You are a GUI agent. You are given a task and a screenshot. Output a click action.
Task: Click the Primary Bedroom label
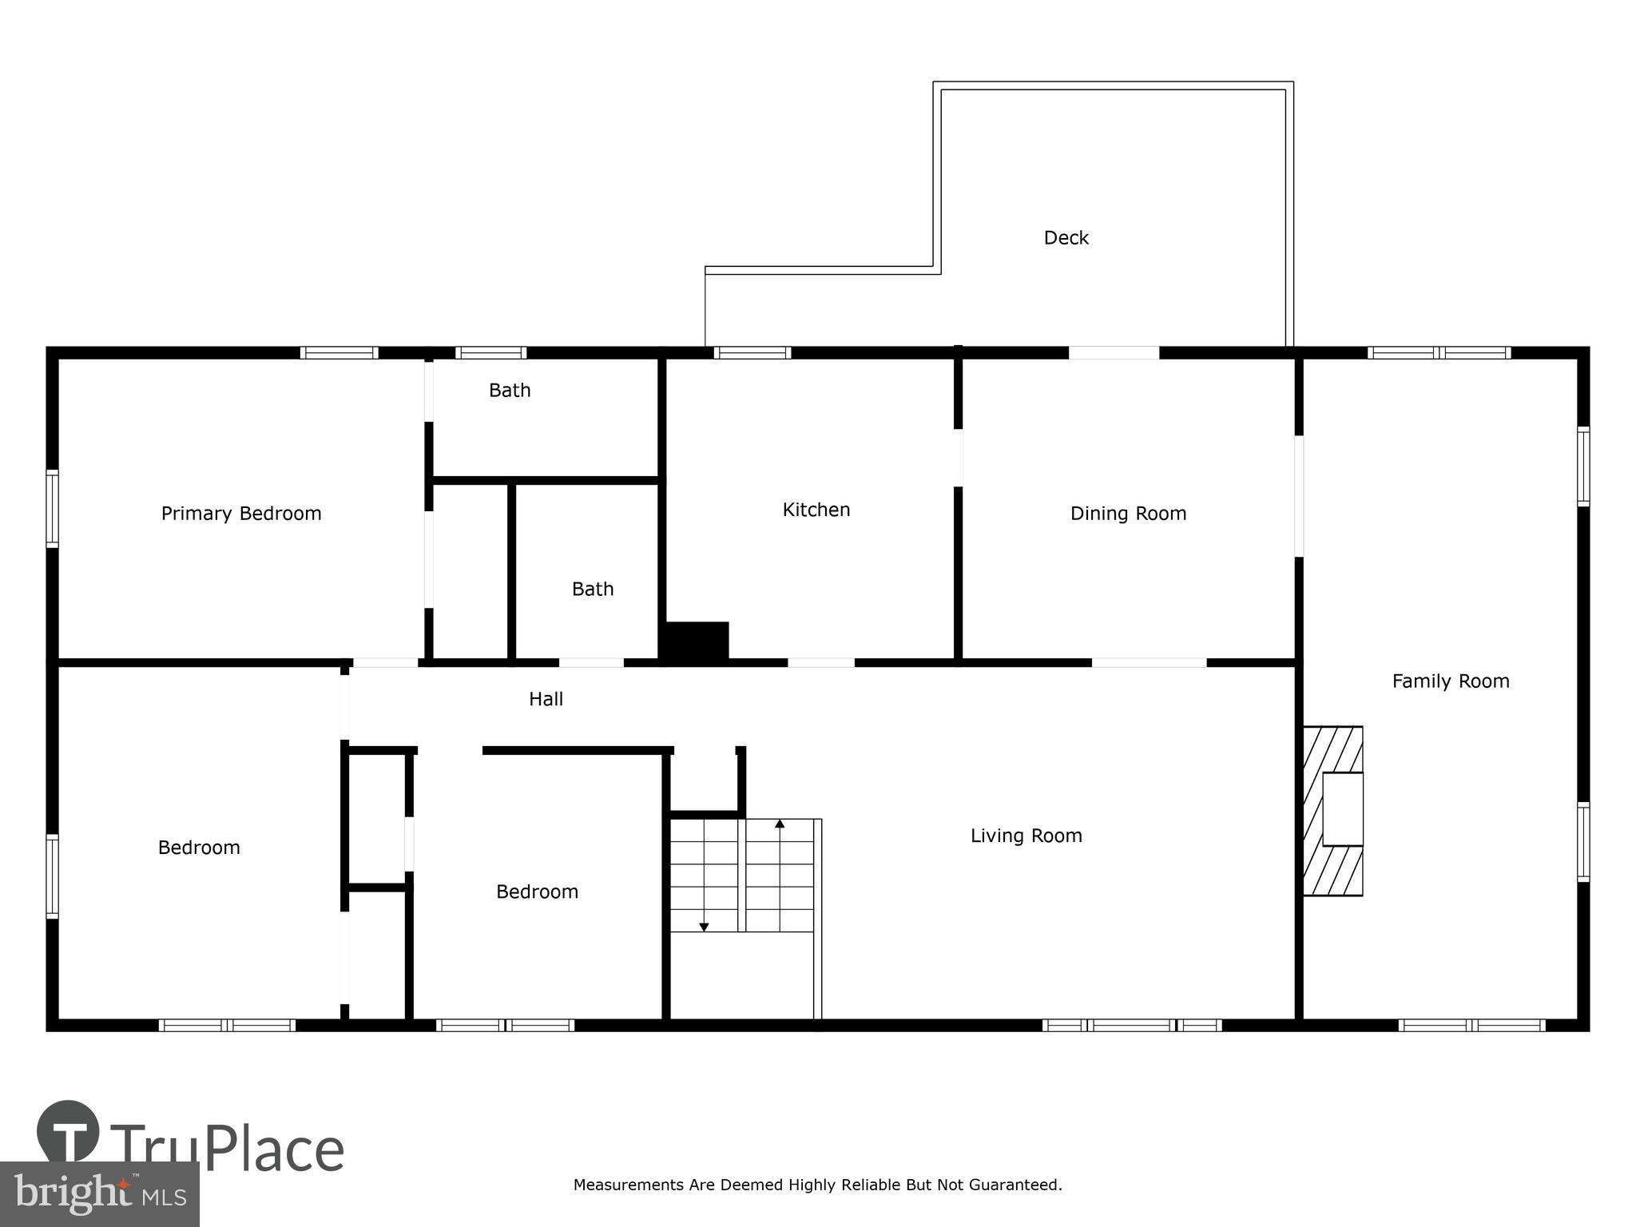pyautogui.click(x=241, y=514)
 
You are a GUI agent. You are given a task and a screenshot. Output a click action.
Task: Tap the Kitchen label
pyautogui.click(x=816, y=510)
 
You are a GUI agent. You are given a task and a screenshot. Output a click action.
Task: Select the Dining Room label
pyautogui.click(x=1128, y=514)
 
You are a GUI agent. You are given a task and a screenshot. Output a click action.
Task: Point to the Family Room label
pyautogui.click(x=1450, y=681)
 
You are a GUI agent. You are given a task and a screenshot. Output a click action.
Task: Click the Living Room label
pyautogui.click(x=1026, y=836)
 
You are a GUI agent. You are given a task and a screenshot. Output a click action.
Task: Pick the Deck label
pyautogui.click(x=1066, y=238)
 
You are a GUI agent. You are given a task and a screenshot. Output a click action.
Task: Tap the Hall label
pyautogui.click(x=546, y=700)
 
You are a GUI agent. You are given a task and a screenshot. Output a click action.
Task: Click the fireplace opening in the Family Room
pyautogui.click(x=1342, y=808)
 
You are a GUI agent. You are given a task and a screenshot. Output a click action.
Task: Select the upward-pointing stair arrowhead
pyautogui.click(x=780, y=823)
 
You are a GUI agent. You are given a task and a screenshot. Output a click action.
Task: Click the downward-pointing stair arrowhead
pyautogui.click(x=704, y=927)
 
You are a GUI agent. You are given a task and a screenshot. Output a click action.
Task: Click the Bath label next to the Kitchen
pyautogui.click(x=593, y=590)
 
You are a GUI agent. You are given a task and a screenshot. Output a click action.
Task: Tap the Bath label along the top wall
pyautogui.click(x=510, y=391)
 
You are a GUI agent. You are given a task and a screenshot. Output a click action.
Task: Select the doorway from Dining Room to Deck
pyautogui.click(x=1114, y=352)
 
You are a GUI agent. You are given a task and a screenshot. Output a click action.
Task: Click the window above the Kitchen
pyautogui.click(x=752, y=352)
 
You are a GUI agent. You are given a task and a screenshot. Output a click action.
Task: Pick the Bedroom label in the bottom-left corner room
pyautogui.click(x=199, y=848)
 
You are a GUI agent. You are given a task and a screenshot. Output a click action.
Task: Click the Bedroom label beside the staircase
pyautogui.click(x=537, y=891)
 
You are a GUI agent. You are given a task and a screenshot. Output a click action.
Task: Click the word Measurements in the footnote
pyautogui.click(x=629, y=1185)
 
